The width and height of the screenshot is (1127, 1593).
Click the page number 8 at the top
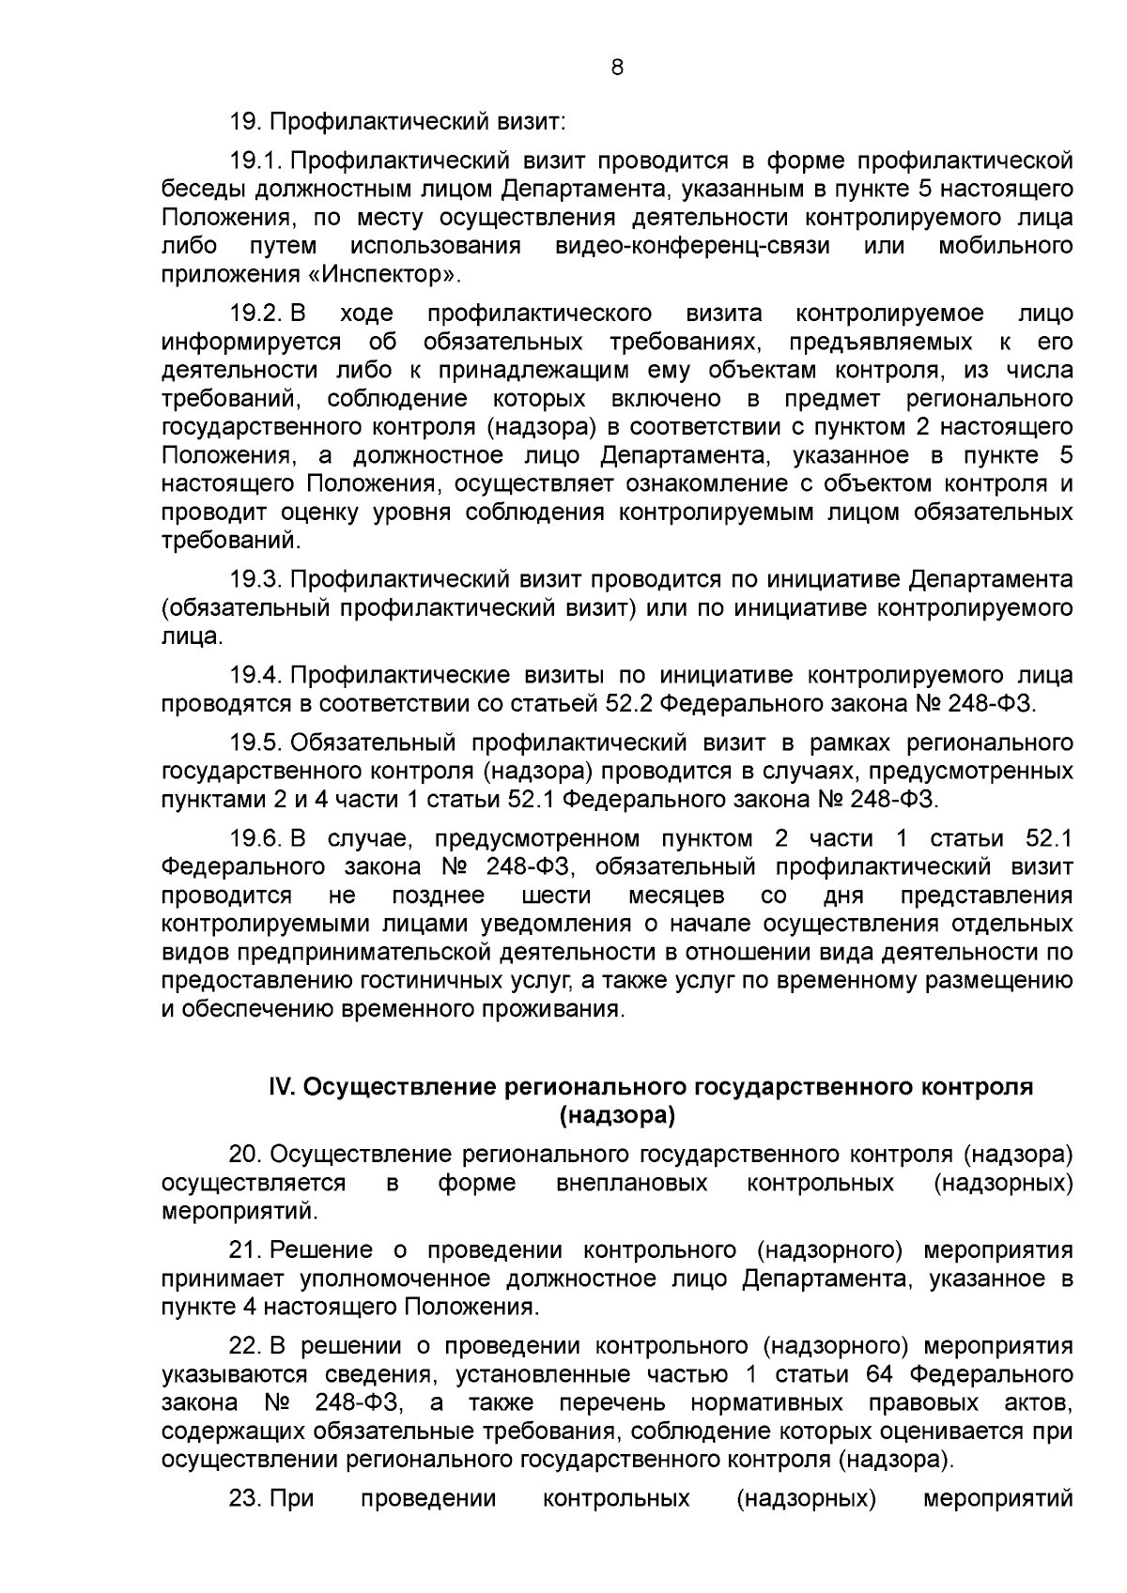click(616, 67)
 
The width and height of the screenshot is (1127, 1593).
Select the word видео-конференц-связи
click(692, 246)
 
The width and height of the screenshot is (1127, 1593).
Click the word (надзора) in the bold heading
click(616, 1115)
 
